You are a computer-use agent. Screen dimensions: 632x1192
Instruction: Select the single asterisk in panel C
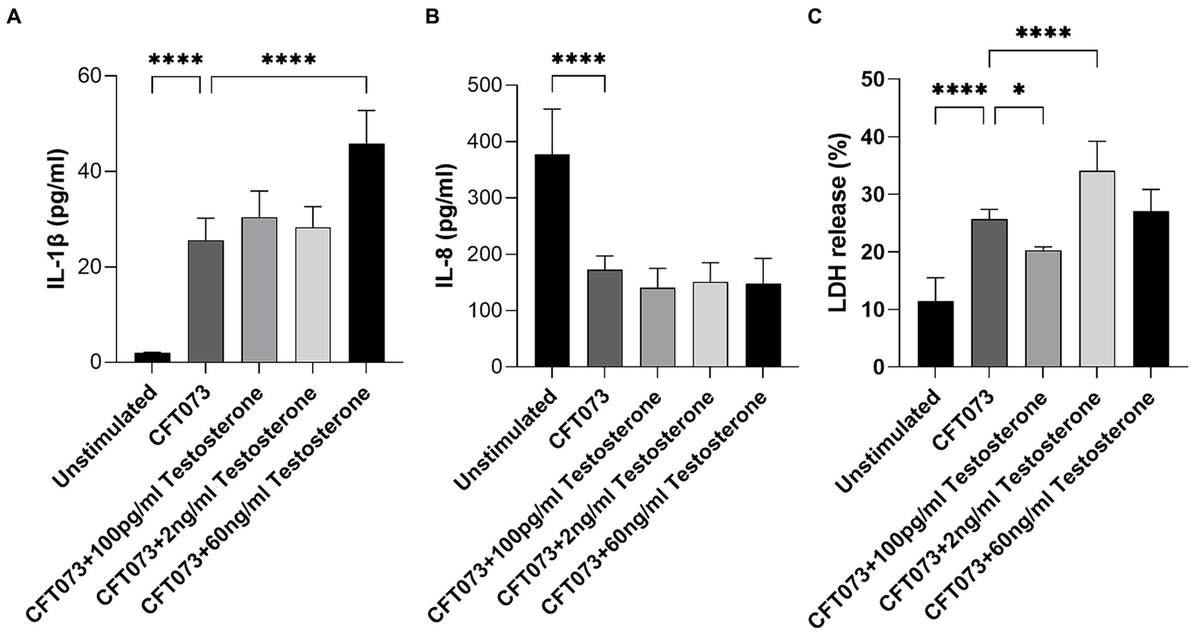point(1019,90)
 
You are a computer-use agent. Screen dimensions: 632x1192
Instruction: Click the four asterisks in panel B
point(578,60)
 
